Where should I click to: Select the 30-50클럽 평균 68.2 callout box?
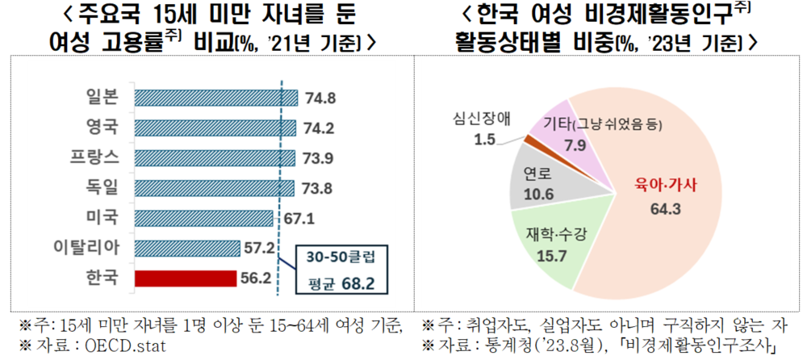click(x=338, y=270)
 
